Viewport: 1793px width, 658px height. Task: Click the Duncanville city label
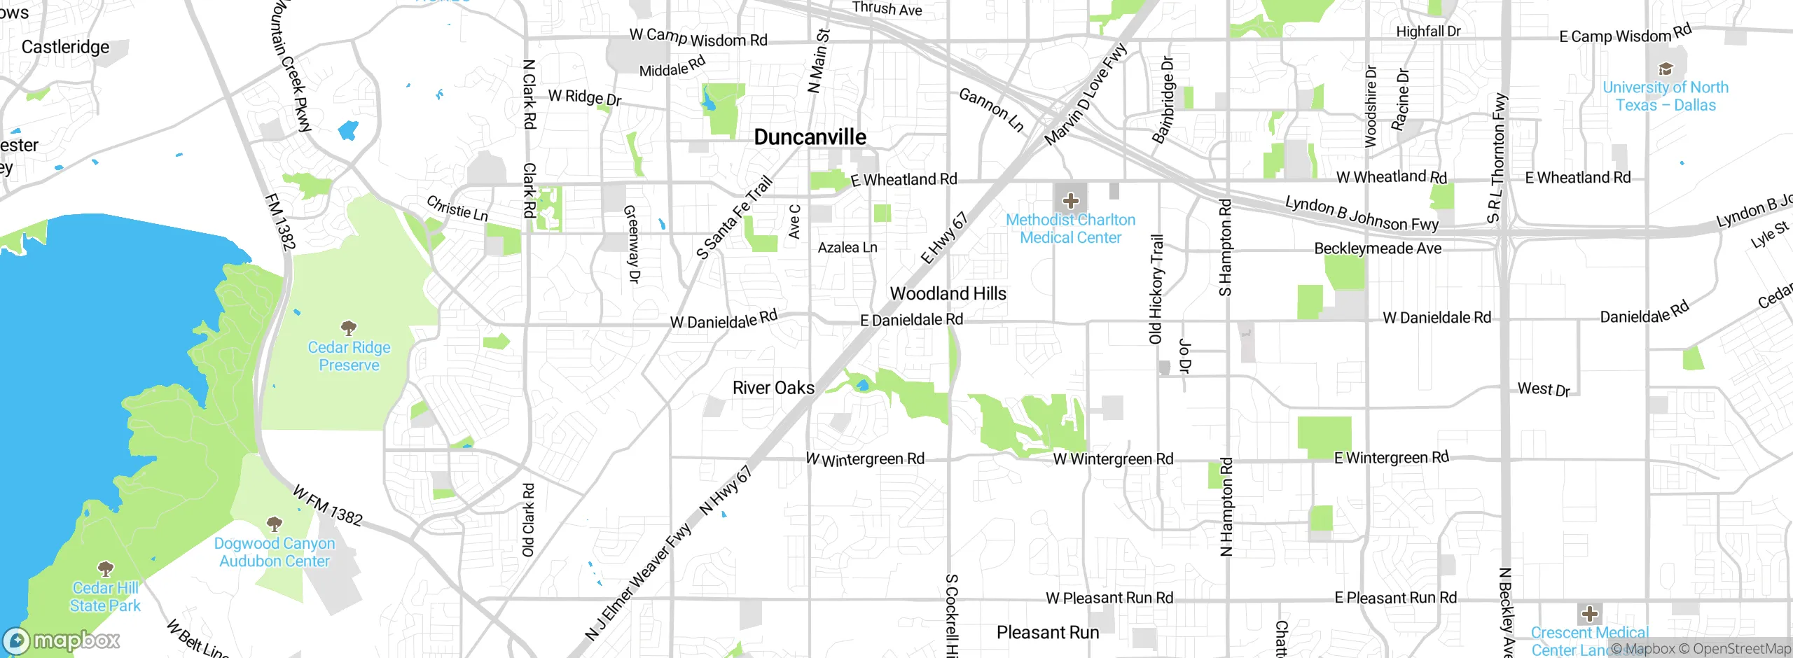tap(810, 137)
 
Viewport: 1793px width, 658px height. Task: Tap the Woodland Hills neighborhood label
tap(948, 294)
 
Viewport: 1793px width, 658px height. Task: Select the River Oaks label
tap(773, 388)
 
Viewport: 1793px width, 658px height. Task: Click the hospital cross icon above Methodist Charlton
tap(1070, 202)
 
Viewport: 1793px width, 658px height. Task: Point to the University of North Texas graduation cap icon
tap(1666, 69)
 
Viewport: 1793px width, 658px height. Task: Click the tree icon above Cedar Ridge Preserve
tap(349, 328)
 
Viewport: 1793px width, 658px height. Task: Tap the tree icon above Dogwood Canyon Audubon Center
tap(275, 524)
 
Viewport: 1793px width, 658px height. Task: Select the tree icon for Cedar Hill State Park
tap(105, 568)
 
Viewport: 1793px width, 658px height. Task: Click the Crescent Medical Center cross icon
tap(1589, 614)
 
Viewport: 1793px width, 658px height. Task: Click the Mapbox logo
tap(62, 640)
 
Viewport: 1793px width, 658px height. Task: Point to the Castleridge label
tap(65, 47)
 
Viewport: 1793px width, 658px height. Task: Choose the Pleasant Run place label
tap(1047, 633)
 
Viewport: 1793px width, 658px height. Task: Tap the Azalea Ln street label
tap(847, 248)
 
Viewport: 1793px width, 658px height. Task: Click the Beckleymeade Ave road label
tap(1377, 248)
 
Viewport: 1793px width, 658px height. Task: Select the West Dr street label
tap(1544, 389)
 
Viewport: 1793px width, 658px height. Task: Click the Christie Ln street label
tap(457, 209)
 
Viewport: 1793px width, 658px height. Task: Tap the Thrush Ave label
tap(887, 9)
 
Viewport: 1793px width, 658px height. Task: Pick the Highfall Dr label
tap(1428, 31)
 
